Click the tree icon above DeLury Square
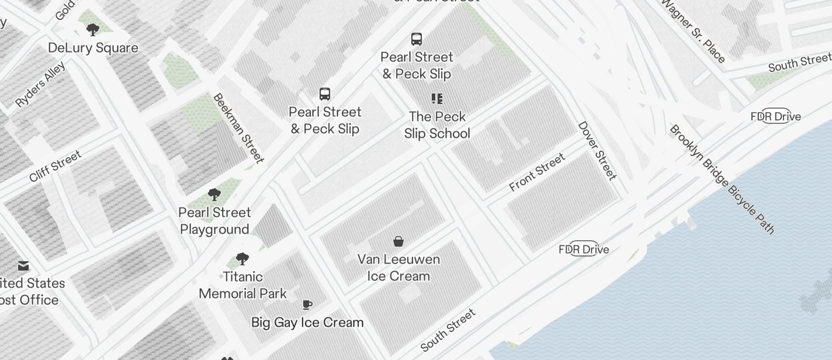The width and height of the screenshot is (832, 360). (x=92, y=29)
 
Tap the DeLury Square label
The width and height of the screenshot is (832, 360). (x=93, y=48)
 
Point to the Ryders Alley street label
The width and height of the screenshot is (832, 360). (x=40, y=85)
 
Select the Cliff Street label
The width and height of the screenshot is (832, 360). (x=55, y=166)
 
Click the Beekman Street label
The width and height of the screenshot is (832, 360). (x=238, y=128)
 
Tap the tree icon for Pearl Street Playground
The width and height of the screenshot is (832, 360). (x=214, y=195)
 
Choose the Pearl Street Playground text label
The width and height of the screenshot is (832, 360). (x=215, y=221)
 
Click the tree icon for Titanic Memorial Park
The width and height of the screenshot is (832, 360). (x=242, y=259)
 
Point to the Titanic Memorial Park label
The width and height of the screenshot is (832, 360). (x=242, y=285)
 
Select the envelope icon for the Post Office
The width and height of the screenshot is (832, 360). (x=23, y=266)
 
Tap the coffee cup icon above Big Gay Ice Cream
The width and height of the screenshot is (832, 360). (x=307, y=305)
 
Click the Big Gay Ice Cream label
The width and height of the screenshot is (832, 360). (x=307, y=323)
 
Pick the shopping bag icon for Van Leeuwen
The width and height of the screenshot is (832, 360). (x=398, y=241)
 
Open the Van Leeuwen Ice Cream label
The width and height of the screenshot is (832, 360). (x=398, y=268)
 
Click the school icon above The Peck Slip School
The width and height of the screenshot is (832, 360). (x=437, y=99)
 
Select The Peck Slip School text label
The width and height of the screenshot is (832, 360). (x=437, y=125)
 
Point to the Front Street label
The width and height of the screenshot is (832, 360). (x=537, y=172)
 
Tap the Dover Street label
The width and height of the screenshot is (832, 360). (x=597, y=150)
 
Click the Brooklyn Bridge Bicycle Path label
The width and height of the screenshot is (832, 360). (x=722, y=179)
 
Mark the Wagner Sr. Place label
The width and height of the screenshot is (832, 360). (x=694, y=30)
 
